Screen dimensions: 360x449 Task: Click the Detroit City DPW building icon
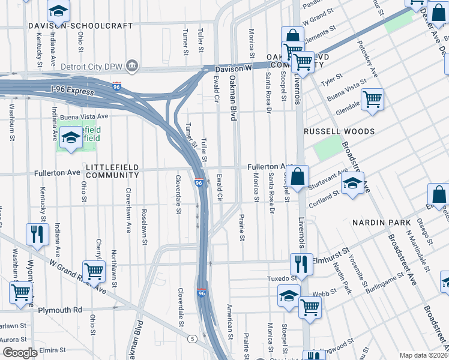pos(133,65)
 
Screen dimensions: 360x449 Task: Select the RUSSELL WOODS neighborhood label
pos(339,131)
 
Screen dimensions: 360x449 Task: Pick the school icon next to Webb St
pos(289,296)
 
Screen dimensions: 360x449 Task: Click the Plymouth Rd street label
pos(59,310)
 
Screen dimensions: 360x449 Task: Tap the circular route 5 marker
pos(192,339)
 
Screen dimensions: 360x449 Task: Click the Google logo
pos(20,353)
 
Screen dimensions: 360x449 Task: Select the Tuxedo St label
pos(282,279)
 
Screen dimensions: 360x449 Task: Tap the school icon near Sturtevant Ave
pos(353,183)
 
